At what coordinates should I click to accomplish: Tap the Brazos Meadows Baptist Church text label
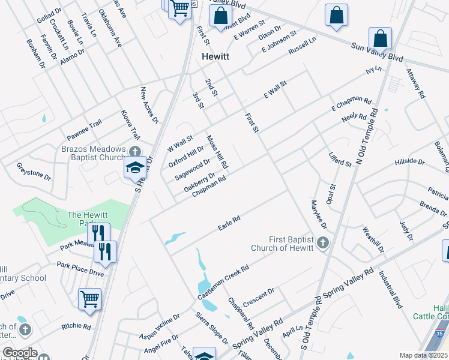93,154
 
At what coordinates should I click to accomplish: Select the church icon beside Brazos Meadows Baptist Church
135,152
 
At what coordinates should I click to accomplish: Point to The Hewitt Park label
91,219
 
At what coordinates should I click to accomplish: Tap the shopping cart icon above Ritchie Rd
89,298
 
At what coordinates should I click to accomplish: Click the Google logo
20,353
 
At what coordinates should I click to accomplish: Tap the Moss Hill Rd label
217,151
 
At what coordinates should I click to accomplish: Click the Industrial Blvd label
390,290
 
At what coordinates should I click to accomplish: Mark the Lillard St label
340,160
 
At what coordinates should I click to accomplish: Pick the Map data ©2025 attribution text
424,355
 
